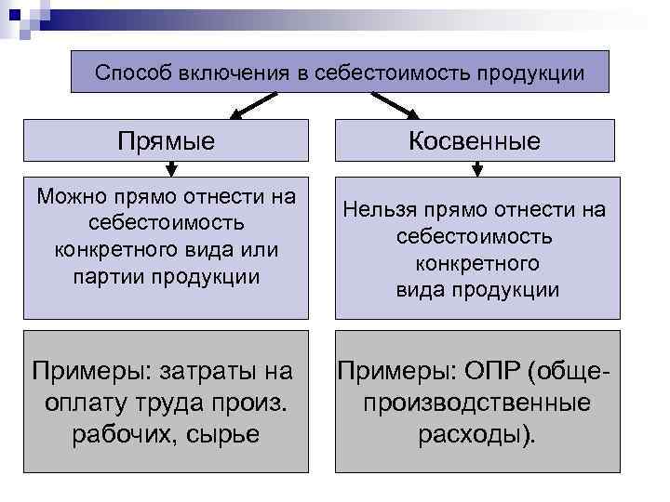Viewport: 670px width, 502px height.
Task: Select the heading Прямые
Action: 167,141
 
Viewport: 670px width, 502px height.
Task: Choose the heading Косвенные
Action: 476,141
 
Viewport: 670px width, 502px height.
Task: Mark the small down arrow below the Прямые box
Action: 170,169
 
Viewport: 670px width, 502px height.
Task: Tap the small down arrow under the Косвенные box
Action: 477,169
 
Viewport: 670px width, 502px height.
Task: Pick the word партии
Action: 103,277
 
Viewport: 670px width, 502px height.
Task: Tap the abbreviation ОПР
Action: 489,372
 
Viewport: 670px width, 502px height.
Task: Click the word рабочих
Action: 116,434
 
